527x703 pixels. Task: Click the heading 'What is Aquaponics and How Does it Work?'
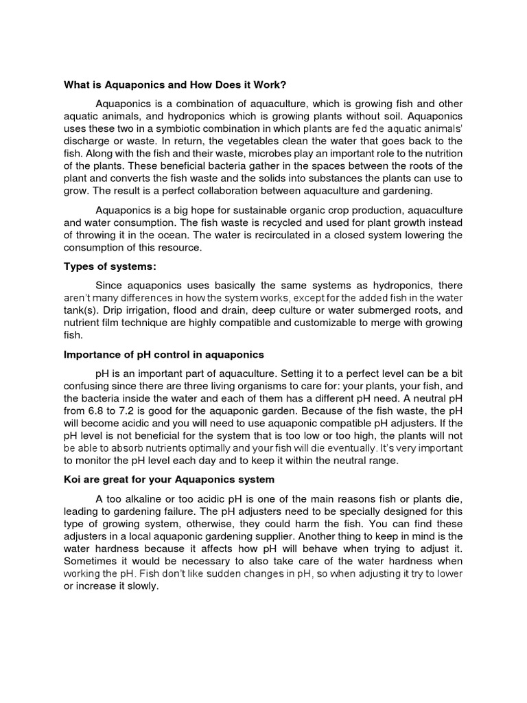tap(175, 85)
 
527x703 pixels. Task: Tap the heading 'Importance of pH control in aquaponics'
tap(164, 355)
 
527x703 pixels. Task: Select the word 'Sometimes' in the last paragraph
tap(90, 561)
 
